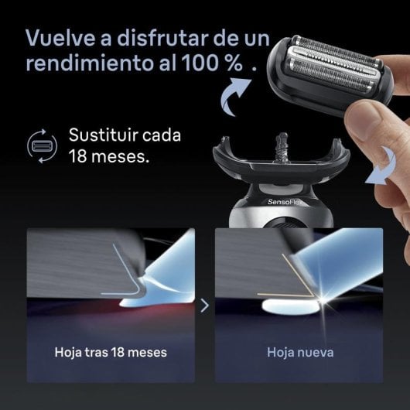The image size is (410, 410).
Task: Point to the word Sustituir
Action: pyautogui.click(x=104, y=135)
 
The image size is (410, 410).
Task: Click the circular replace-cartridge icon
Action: pyautogui.click(x=42, y=146)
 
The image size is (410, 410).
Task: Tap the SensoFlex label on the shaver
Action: pyautogui.click(x=284, y=202)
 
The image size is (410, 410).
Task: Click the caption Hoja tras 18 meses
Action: pyautogui.click(x=111, y=352)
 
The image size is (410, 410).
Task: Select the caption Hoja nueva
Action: pyautogui.click(x=300, y=352)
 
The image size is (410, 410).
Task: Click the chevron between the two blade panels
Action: pyautogui.click(x=205, y=306)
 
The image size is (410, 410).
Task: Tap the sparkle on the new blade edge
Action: pyautogui.click(x=322, y=299)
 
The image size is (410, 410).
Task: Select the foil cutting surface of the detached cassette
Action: pyautogui.click(x=333, y=66)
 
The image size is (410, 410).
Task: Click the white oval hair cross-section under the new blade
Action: pyautogui.click(x=291, y=307)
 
